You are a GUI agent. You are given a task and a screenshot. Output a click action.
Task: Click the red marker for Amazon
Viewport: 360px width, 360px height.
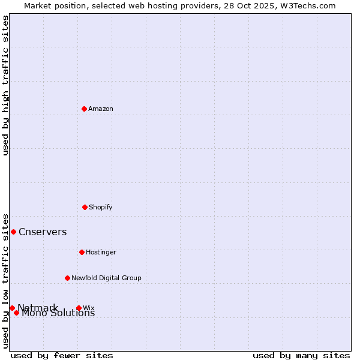click(84, 109)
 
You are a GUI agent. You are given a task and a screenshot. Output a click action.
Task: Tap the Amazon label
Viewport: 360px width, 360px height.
click(101, 109)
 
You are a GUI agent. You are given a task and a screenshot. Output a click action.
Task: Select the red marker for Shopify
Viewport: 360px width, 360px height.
click(85, 207)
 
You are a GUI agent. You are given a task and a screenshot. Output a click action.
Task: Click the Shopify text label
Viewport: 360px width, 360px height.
click(101, 207)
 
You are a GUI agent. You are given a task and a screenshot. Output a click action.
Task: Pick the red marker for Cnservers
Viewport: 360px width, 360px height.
click(13, 232)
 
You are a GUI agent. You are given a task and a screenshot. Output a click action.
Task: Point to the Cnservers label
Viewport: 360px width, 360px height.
click(43, 232)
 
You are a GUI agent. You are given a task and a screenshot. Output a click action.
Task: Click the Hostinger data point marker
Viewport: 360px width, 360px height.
click(82, 252)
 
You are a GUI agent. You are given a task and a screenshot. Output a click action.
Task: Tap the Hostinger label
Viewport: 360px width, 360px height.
click(101, 252)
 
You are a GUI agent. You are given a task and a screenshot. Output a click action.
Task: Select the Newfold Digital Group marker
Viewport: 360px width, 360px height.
click(67, 278)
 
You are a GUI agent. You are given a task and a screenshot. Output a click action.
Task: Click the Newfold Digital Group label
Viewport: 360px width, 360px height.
click(106, 278)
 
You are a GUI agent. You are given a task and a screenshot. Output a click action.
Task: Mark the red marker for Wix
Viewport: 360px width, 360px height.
click(79, 308)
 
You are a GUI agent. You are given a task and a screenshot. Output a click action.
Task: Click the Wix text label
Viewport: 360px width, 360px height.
click(89, 308)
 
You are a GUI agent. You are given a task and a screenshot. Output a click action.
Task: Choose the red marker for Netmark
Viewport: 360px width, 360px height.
click(12, 308)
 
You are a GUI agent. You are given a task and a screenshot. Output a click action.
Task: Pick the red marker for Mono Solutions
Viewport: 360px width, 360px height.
click(16, 313)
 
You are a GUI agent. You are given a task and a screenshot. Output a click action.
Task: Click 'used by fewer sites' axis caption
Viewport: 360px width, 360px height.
click(62, 355)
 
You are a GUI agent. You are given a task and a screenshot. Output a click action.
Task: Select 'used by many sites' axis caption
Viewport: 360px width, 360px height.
click(301, 355)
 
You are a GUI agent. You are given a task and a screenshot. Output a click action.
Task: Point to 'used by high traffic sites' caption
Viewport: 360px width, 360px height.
click(5, 85)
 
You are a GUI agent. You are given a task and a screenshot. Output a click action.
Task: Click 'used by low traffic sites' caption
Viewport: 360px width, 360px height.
click(5, 280)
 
